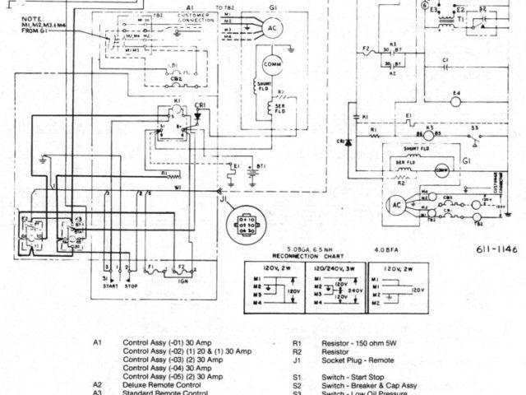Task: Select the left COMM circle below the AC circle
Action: (x=271, y=65)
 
